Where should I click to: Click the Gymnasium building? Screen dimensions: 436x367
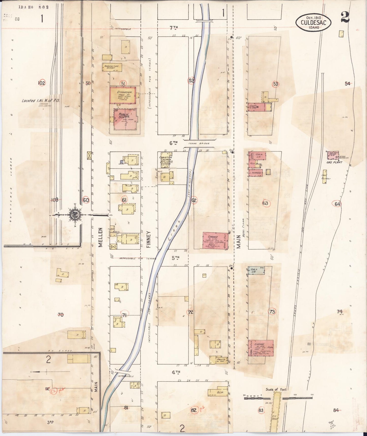(123, 95)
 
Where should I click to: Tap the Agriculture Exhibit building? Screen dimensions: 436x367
(112, 67)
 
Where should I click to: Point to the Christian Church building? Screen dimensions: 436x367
(166, 160)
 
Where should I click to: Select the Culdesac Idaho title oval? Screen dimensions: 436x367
(313, 22)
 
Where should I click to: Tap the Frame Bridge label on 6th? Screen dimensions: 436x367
(199, 143)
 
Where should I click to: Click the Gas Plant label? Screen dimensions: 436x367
(334, 162)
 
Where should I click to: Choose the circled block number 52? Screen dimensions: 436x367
(191, 81)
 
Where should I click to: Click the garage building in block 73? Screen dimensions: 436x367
(261, 348)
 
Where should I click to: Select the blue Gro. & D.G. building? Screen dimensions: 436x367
(256, 271)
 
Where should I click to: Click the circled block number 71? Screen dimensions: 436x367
(124, 315)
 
